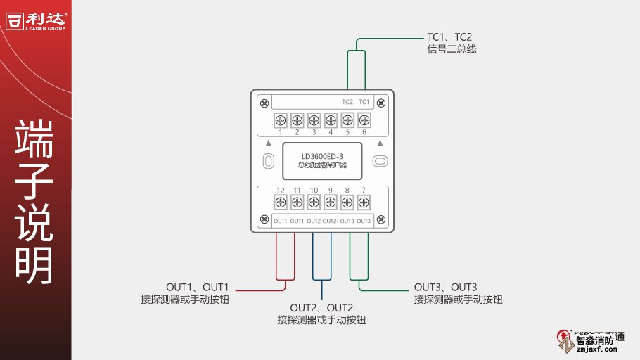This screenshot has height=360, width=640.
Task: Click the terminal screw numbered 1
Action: click(x=280, y=120)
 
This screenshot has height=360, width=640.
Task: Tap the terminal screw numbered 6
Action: click(x=364, y=120)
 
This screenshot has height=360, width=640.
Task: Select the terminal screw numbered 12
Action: click(x=280, y=202)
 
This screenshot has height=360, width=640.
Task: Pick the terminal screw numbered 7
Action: click(x=364, y=202)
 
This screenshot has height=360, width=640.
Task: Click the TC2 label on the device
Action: click(x=347, y=103)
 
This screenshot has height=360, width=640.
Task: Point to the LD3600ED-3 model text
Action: click(x=323, y=155)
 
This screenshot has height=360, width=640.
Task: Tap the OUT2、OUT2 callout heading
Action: click(x=321, y=308)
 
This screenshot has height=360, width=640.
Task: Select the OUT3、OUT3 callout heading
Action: click(x=446, y=287)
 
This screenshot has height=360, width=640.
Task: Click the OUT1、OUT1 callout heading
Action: click(x=198, y=287)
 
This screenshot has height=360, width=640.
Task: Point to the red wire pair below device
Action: click(x=284, y=257)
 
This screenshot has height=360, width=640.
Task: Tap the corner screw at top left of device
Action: click(x=264, y=104)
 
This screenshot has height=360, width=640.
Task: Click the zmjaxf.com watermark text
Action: click(x=596, y=348)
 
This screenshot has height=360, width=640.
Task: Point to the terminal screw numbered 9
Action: click(x=331, y=202)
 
